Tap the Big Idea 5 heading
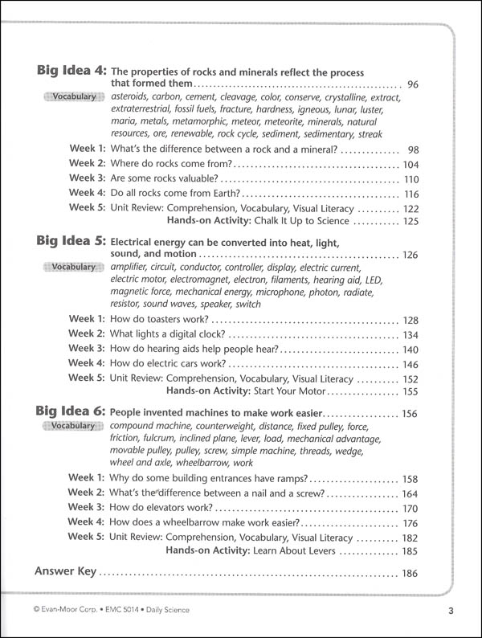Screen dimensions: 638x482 pyautogui.click(x=71, y=240)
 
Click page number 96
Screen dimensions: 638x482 pyautogui.click(x=414, y=84)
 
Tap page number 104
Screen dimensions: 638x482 pyautogui.click(x=411, y=165)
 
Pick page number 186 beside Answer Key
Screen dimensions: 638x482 pyautogui.click(x=411, y=573)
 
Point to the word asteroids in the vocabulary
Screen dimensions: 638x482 pyautogui.click(x=131, y=97)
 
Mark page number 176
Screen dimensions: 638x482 pyautogui.click(x=411, y=522)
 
